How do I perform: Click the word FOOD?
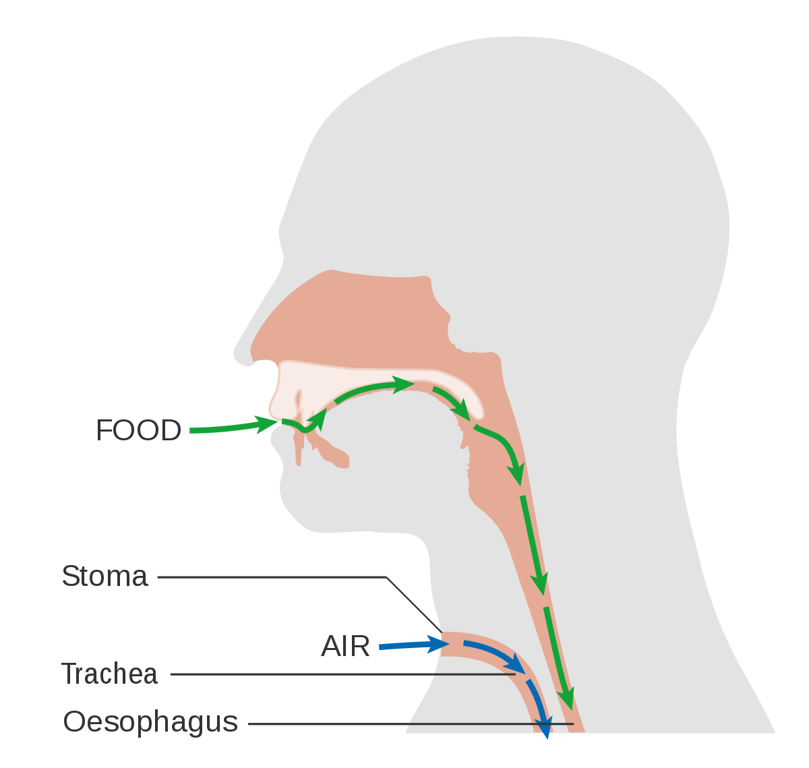click(139, 431)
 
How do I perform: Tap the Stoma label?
click(104, 577)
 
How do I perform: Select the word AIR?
click(345, 647)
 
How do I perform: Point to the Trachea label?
click(110, 674)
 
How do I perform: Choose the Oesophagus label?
click(150, 722)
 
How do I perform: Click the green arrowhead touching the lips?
click(268, 423)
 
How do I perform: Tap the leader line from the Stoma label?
click(270, 577)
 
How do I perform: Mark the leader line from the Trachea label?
click(337, 674)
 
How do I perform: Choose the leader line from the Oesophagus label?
click(404, 724)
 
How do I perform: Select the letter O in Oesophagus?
click(74, 722)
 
